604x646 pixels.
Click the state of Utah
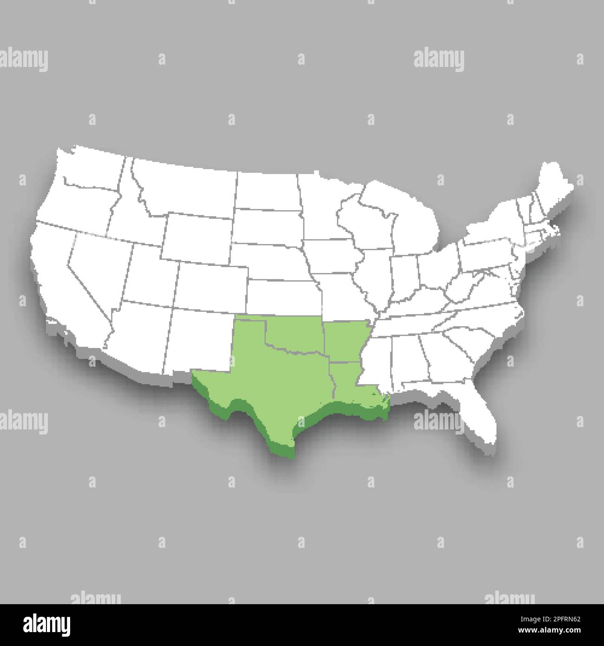149,270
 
